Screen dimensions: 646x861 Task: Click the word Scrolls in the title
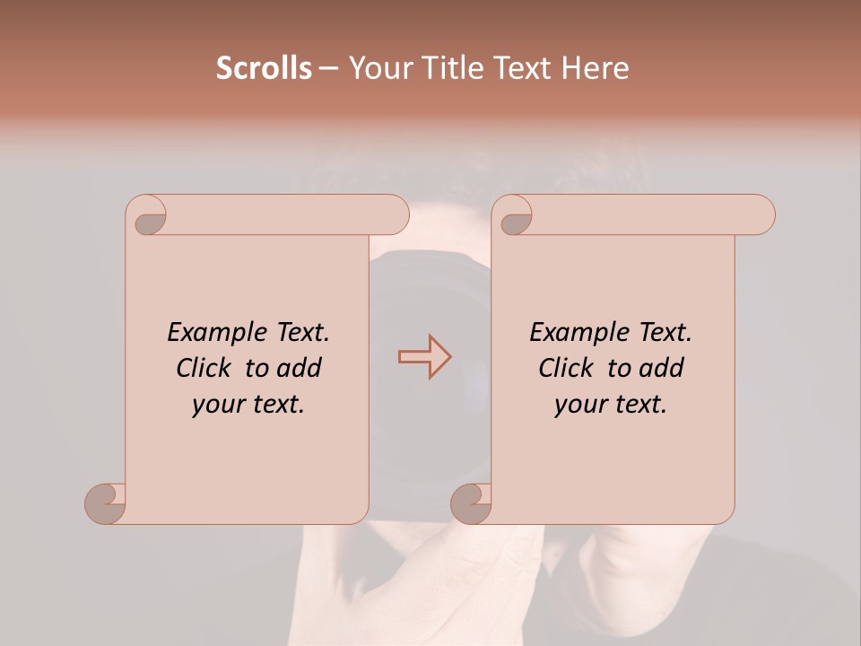pos(264,68)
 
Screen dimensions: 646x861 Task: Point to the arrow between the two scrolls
pos(424,357)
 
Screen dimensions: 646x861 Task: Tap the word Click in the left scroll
pos(206,368)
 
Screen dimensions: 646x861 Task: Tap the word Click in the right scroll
pos(569,368)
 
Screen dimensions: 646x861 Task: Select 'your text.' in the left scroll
pos(248,405)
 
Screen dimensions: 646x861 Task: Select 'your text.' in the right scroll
pos(611,405)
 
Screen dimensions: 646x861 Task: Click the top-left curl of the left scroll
pos(147,216)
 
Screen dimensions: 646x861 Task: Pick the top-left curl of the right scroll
pos(513,216)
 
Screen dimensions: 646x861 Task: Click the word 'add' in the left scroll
pos(300,368)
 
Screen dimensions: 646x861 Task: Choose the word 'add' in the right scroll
pos(662,368)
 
